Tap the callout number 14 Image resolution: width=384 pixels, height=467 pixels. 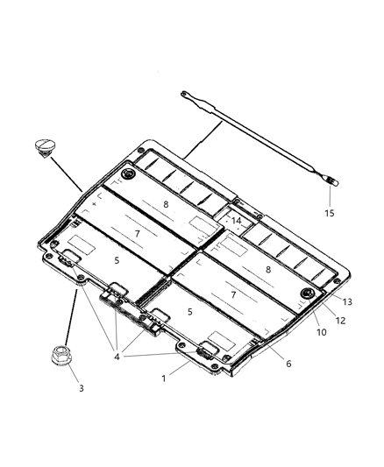(236, 221)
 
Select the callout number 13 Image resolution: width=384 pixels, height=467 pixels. (347, 301)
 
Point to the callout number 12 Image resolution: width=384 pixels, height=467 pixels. (340, 321)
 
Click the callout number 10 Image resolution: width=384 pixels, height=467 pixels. (322, 332)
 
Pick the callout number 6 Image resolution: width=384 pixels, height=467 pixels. (288, 364)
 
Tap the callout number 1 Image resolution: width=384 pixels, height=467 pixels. (164, 379)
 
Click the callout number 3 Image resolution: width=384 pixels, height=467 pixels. (82, 388)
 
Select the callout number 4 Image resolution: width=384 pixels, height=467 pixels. (117, 357)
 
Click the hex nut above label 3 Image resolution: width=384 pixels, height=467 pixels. (60, 355)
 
